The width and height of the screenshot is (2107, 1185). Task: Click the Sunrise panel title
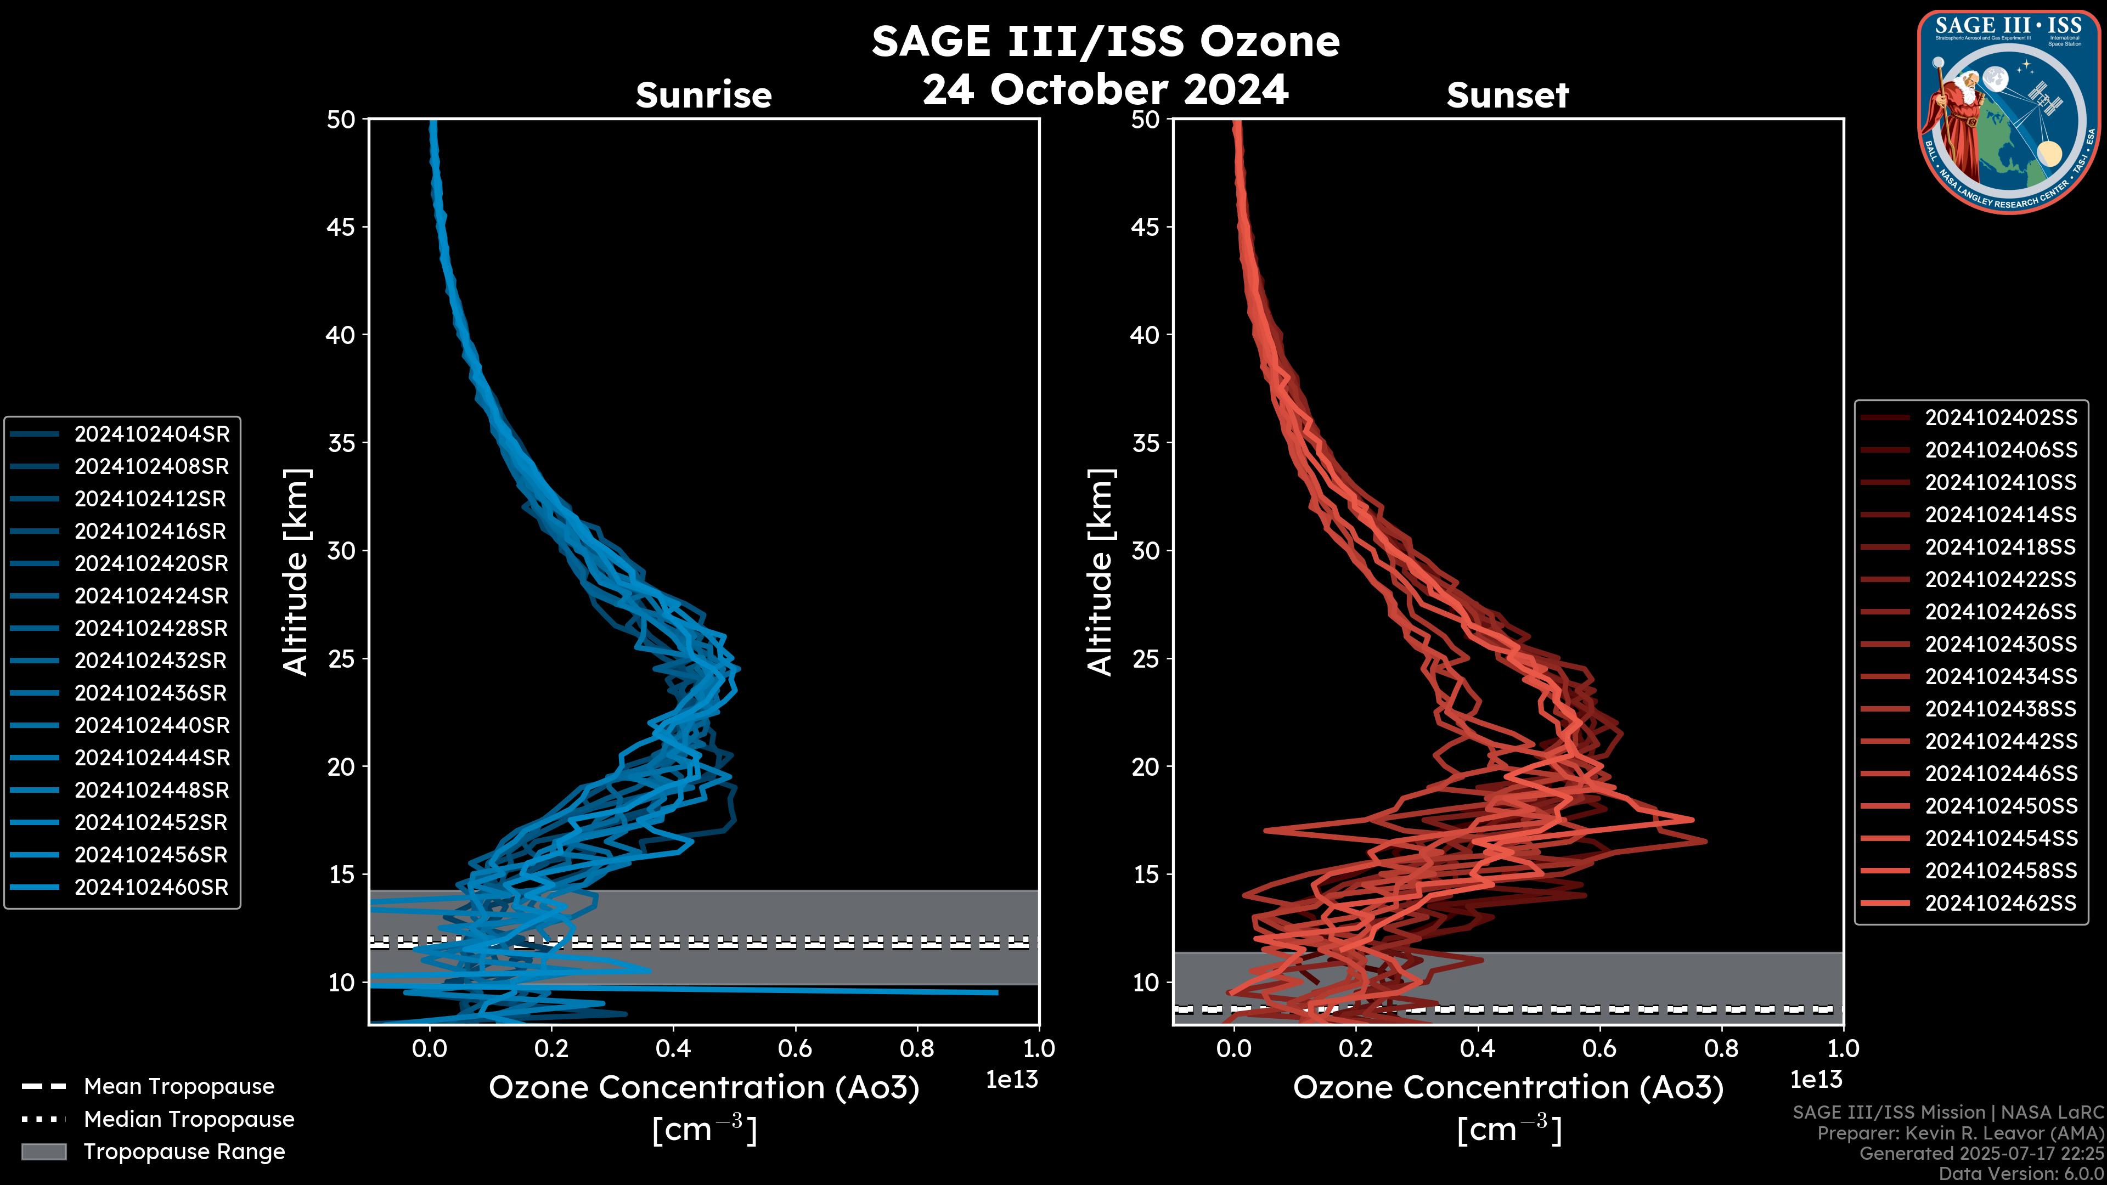(x=703, y=95)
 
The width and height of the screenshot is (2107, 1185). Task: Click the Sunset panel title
(x=1507, y=95)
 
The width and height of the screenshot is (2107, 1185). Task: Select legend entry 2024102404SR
(x=151, y=435)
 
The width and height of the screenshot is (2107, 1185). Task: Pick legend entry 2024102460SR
(x=151, y=887)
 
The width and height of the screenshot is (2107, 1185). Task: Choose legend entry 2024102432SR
(x=151, y=661)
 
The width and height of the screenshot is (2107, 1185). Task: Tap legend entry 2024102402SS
(x=2001, y=418)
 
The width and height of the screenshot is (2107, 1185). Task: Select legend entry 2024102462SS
(x=2001, y=903)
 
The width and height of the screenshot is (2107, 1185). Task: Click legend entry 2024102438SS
(x=2001, y=709)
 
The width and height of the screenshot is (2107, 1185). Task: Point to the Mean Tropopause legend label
(x=179, y=1087)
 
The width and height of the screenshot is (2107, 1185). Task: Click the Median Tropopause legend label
(x=189, y=1120)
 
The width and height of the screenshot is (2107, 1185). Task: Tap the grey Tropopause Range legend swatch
(x=43, y=1152)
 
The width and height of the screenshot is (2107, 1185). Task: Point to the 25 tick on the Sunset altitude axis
(x=1146, y=659)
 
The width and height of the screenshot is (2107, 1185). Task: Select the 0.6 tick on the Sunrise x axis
(x=795, y=1048)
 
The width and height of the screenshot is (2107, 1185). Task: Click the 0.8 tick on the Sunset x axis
(x=1721, y=1048)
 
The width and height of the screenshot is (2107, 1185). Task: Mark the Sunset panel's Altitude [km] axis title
(x=1101, y=572)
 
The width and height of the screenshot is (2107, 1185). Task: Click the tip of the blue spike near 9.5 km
(x=997, y=993)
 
